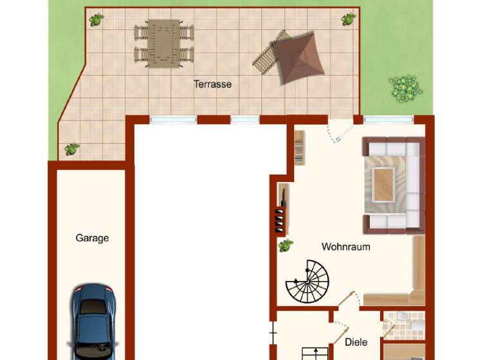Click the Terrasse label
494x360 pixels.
pos(212,84)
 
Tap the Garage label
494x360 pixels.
pos(92,238)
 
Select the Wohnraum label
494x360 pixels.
pos(345,246)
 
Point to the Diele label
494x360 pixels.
pos(356,342)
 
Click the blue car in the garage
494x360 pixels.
pos(93,321)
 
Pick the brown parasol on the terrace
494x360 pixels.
pos(295,59)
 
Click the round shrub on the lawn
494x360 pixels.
pos(405,88)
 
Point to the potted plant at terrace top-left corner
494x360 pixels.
pos(96,19)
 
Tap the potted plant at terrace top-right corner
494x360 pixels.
pos(348,18)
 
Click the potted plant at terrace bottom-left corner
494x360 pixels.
pos(71,149)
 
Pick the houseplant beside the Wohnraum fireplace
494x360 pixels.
pos(286,245)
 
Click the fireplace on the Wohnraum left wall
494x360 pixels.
pos(281,208)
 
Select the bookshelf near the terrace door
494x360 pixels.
pos(298,147)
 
